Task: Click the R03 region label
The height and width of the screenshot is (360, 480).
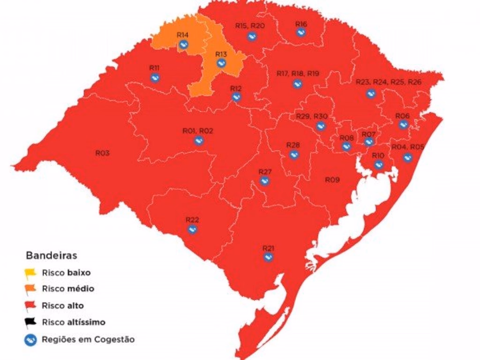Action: tap(103, 153)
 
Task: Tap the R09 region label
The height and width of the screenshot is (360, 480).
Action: tap(332, 180)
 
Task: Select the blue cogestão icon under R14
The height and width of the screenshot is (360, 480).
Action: tap(184, 45)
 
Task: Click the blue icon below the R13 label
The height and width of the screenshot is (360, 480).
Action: tap(221, 63)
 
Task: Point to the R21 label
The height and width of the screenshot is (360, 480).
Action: tap(268, 247)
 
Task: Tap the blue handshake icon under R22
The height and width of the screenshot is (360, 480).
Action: tap(192, 229)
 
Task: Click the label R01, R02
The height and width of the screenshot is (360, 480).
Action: tap(198, 131)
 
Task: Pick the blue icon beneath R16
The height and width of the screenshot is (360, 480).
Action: tap(301, 32)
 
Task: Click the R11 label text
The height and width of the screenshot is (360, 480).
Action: tap(155, 67)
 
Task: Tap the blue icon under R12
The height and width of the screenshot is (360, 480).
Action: tap(236, 97)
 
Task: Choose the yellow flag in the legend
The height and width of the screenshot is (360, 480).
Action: tap(31, 272)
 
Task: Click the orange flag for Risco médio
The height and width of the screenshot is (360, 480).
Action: tap(31, 289)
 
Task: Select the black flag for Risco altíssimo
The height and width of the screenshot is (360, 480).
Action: tap(31, 322)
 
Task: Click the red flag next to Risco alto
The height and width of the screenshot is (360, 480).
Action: tap(31, 306)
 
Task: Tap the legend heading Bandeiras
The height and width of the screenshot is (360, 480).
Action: tap(52, 255)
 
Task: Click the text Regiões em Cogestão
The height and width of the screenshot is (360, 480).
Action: tap(88, 339)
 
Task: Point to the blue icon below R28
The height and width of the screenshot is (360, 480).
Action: tap(293, 155)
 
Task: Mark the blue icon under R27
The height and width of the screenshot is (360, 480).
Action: tap(264, 181)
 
